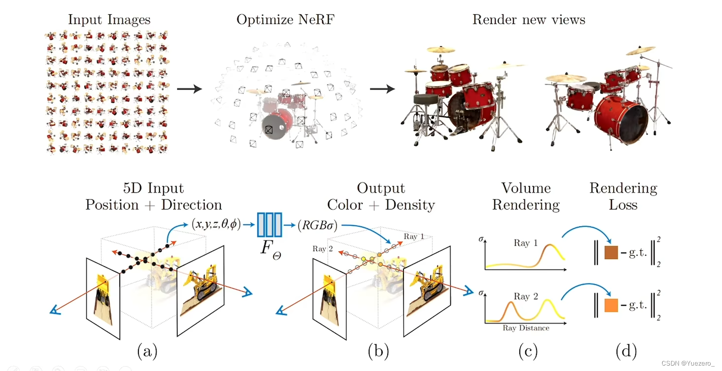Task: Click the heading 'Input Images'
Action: coord(109,20)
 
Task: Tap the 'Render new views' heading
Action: coord(529,20)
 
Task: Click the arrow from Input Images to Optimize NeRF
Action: coord(189,89)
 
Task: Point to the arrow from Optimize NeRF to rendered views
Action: coord(382,89)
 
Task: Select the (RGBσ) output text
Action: coord(317,225)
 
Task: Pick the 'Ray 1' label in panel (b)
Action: coord(414,237)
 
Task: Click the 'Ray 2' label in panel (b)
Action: coord(322,249)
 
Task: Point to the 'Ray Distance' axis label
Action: coord(526,327)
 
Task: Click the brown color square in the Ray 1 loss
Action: coord(611,252)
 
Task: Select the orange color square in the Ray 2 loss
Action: coord(611,305)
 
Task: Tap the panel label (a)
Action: coord(147,351)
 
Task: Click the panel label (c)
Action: coord(528,351)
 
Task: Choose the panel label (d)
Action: coord(626,351)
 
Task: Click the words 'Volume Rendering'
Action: coord(526,196)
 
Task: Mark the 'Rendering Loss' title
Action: coord(623,196)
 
